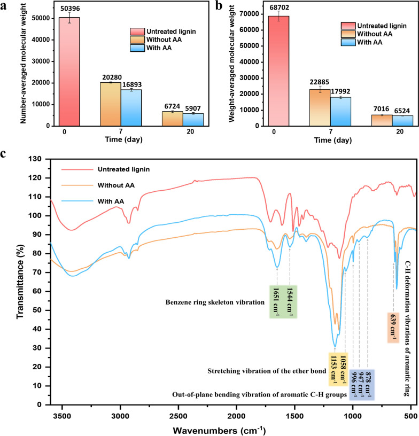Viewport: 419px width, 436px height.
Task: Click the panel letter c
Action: tap(4, 153)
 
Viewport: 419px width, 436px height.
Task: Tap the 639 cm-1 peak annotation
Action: tap(394, 326)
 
